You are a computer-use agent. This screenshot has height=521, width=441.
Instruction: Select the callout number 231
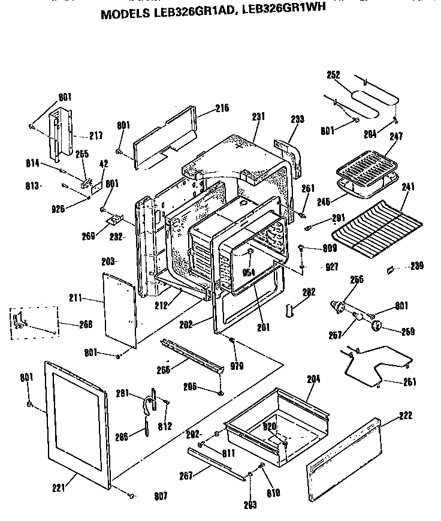258,118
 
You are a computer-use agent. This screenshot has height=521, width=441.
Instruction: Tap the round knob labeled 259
377,326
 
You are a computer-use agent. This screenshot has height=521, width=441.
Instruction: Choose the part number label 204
313,379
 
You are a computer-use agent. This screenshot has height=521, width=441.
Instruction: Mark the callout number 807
160,496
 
